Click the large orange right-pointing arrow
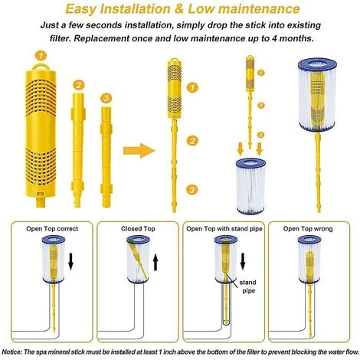pyautogui.click(x=139, y=151)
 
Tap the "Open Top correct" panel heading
pyautogui.click(x=52, y=229)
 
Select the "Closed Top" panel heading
pyautogui.click(x=138, y=229)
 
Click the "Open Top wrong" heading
pyautogui.click(x=308, y=229)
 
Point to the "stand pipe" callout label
pyautogui.click(x=247, y=286)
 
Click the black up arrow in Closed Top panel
pyautogui.click(x=155, y=263)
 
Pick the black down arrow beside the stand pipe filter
pyautogui.click(x=243, y=261)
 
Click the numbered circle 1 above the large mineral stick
pyautogui.click(x=41, y=55)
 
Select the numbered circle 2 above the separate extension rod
pyautogui.click(x=78, y=85)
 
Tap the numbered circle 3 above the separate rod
pyautogui.click(x=106, y=98)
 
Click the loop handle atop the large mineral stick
pyautogui.click(x=41, y=66)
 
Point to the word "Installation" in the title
pyautogui.click(x=135, y=9)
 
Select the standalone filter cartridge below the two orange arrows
pyautogui.click(x=250, y=186)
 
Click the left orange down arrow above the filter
pyautogui.click(x=241, y=149)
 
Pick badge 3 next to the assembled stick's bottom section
pyautogui.click(x=191, y=189)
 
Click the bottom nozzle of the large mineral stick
pyautogui.click(x=41, y=201)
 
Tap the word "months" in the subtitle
pyautogui.click(x=296, y=38)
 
